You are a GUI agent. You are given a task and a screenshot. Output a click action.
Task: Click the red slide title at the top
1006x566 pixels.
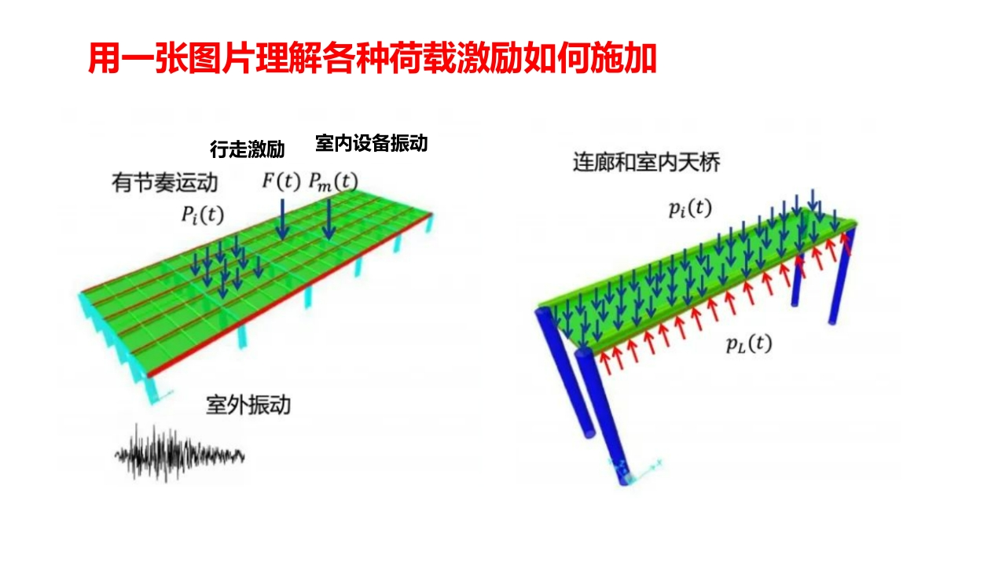372,59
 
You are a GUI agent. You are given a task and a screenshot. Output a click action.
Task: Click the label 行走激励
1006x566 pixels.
247,149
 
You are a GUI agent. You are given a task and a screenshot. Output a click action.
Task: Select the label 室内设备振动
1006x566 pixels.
371,143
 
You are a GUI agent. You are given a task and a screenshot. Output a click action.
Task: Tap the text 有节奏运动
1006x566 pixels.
164,184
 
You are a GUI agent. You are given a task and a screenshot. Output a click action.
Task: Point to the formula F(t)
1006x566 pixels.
281,182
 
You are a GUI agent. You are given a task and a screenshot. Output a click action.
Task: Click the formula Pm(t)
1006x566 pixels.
332,182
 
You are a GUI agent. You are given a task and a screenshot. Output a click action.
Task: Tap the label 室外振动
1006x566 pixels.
248,405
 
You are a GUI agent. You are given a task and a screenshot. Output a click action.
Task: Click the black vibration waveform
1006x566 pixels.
180,454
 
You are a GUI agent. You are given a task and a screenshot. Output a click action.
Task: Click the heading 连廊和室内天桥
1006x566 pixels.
646,163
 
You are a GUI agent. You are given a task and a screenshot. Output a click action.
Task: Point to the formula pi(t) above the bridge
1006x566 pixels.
689,208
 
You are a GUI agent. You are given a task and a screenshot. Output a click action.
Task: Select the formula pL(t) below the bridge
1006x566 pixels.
748,344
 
